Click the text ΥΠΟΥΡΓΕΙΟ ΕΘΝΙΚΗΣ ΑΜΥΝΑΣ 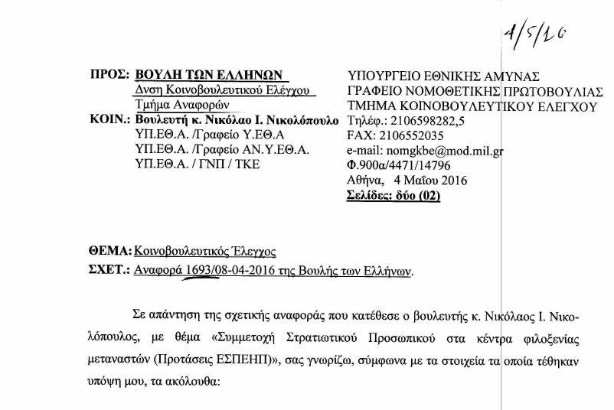coord(443,75)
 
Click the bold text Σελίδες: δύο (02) coord(394,196)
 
